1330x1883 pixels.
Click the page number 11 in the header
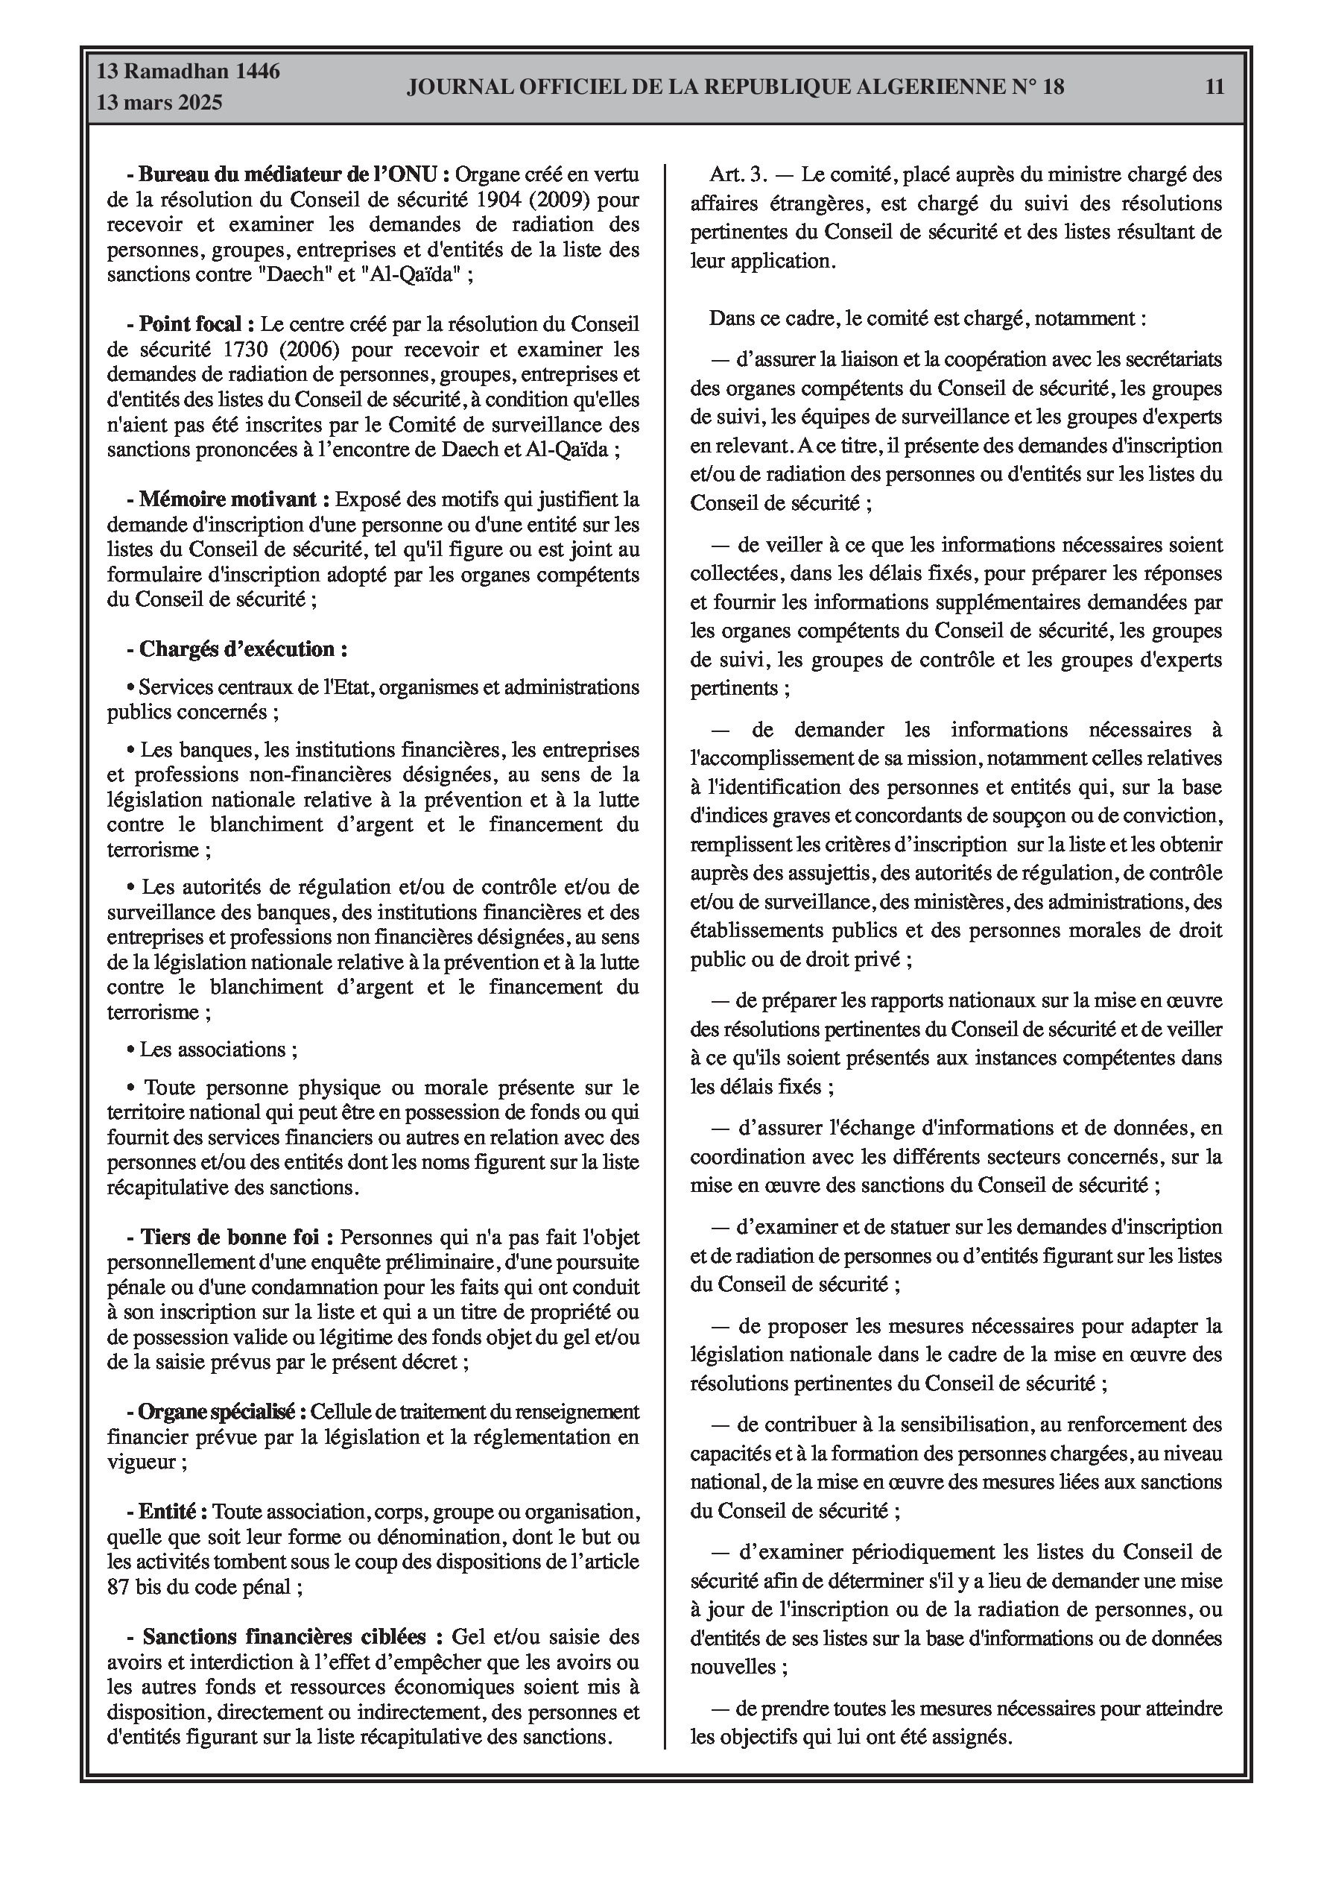[x=1215, y=87]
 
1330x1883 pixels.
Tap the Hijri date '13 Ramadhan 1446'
[x=188, y=72]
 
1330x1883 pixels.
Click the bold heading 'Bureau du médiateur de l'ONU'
[x=293, y=174]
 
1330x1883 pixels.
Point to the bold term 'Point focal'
[x=190, y=324]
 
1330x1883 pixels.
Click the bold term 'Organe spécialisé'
[x=221, y=1411]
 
